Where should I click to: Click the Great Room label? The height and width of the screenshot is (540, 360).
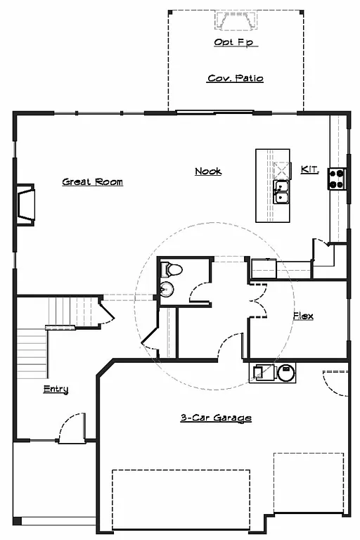coord(92,182)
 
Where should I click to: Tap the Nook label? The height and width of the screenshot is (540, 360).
coord(208,171)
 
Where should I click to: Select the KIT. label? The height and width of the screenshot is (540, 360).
coord(309,169)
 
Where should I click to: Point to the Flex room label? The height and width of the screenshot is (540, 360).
coord(303,316)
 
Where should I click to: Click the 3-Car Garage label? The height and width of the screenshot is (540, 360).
coord(215,418)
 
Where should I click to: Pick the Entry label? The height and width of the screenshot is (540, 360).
coord(56,390)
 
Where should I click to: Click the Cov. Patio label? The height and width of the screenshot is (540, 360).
coord(235,78)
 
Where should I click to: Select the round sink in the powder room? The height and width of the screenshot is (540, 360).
coord(166,289)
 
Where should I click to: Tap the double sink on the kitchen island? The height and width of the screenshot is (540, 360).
coord(282,191)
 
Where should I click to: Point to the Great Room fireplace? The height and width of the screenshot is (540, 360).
coord(25,203)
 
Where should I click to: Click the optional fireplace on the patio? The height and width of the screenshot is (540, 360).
coord(235,24)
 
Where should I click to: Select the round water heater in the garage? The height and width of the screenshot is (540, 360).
coord(286,373)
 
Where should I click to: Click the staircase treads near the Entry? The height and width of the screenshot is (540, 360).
coord(32,355)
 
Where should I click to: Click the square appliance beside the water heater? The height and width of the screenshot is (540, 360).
coord(259,373)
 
